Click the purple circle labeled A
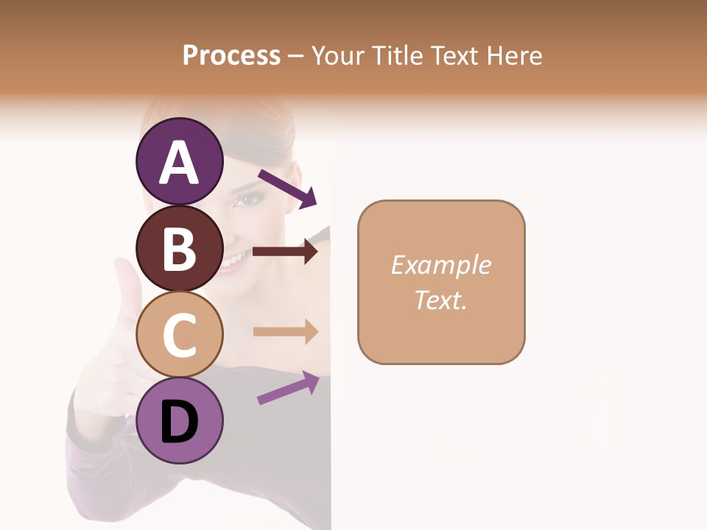(x=179, y=161)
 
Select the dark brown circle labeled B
(x=179, y=248)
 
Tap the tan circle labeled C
(x=179, y=334)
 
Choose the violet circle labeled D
(x=179, y=420)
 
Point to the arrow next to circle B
(x=285, y=252)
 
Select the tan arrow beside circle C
(x=285, y=332)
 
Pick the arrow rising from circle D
(x=288, y=388)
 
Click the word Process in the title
(x=231, y=55)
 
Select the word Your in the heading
(x=338, y=55)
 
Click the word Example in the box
(x=441, y=265)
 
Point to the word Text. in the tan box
(x=441, y=300)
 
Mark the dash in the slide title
(x=295, y=56)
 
